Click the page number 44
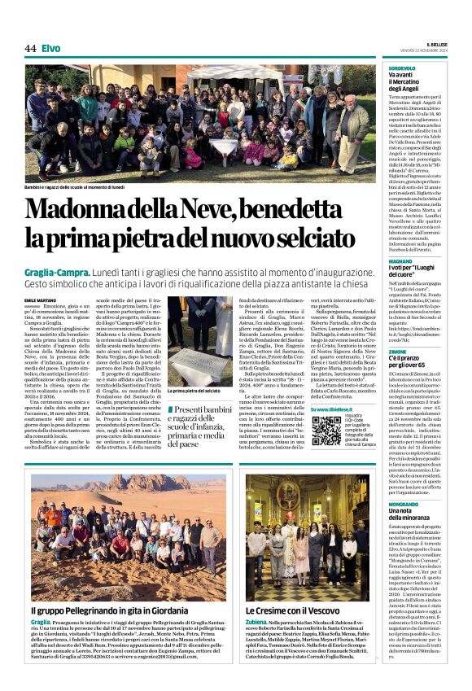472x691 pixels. point(30,48)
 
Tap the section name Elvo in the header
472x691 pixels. point(50,48)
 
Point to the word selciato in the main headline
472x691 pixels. point(306,238)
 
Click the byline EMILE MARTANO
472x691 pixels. point(42,300)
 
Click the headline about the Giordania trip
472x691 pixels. point(101,609)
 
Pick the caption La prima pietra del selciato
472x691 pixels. point(192,391)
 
